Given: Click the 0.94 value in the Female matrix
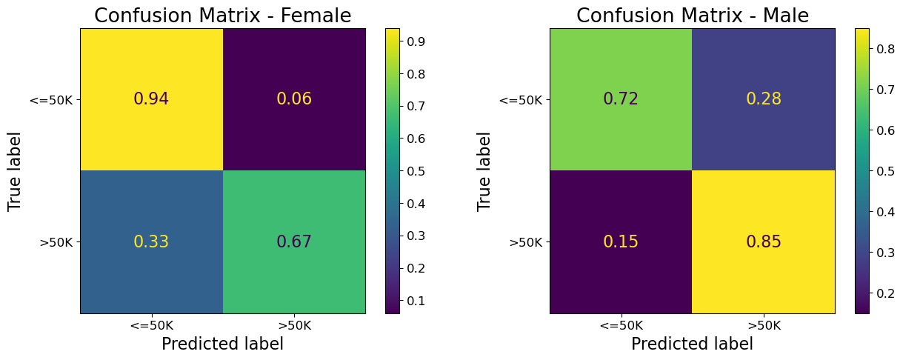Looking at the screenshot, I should tap(151, 99).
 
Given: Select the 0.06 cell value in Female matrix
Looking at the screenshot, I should tap(294, 99).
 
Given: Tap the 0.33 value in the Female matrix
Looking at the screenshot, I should tap(151, 242).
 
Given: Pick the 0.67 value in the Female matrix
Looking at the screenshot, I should tap(294, 242).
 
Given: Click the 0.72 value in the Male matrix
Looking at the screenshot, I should tap(621, 99).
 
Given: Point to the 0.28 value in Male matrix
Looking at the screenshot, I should tap(764, 99).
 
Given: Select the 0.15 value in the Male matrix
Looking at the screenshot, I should tap(621, 242).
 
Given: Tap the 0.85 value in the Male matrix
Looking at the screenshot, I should tap(764, 242).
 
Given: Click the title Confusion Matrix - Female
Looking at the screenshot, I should tap(222, 16).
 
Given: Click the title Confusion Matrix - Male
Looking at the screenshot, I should tap(692, 16).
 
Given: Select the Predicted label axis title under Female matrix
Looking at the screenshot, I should tap(222, 344).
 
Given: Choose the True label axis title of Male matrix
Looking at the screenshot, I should tap(484, 171).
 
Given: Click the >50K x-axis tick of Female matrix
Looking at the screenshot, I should tap(294, 325).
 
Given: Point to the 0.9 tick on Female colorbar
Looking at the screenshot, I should tap(414, 41).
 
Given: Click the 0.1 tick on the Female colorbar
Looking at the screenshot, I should tap(414, 301).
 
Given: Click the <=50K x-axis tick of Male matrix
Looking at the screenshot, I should tap(621, 325).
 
